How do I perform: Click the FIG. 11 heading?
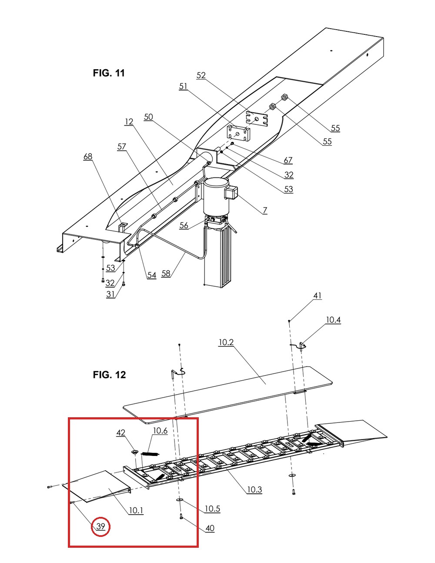[109, 73]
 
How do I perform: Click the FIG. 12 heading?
[109, 375]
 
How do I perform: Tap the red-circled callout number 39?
[100, 526]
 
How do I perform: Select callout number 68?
[88, 157]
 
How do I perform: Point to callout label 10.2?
[226, 342]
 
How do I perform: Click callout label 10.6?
[160, 431]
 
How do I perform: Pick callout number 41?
[318, 295]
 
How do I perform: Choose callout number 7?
[265, 211]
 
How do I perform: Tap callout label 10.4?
[333, 320]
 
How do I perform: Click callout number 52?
[201, 75]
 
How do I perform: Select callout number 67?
[288, 161]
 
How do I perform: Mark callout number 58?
[166, 273]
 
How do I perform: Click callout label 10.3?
[254, 489]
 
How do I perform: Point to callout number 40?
[210, 528]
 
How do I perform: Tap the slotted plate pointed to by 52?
[257, 119]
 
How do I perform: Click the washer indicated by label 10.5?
[179, 499]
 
